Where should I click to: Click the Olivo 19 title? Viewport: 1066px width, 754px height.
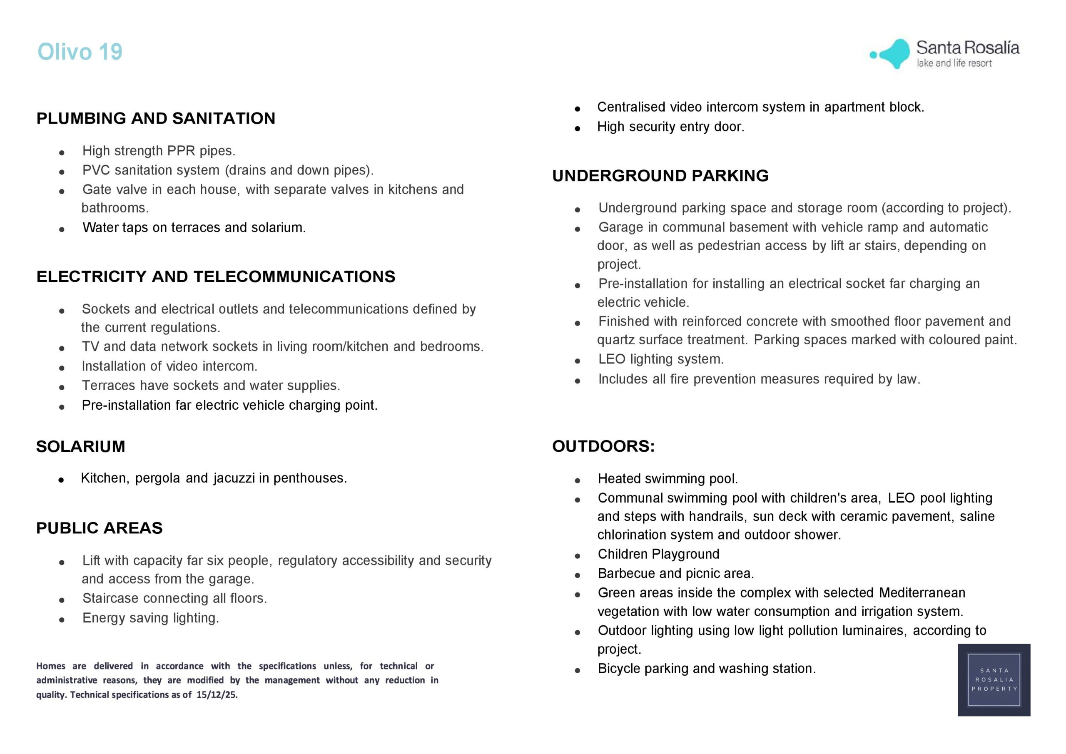pos(80,52)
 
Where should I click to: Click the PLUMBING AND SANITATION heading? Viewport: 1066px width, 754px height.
pos(156,118)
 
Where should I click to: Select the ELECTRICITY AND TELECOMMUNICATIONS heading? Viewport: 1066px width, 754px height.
pos(215,277)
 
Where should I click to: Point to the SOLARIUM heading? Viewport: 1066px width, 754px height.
pos(80,447)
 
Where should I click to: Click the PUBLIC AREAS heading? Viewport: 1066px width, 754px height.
pos(100,528)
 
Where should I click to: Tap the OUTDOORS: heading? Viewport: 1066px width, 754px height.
pos(603,446)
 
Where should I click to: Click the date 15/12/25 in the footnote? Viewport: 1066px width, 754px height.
pos(217,694)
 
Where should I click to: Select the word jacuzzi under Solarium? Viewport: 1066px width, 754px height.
pos(234,478)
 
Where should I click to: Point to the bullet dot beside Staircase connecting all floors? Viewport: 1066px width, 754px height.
pos(62,600)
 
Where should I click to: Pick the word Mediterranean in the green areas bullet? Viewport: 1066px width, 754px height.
pos(922,593)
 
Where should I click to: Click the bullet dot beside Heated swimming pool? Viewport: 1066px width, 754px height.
pos(578,480)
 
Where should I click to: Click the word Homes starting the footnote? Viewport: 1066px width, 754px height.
pos(51,666)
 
